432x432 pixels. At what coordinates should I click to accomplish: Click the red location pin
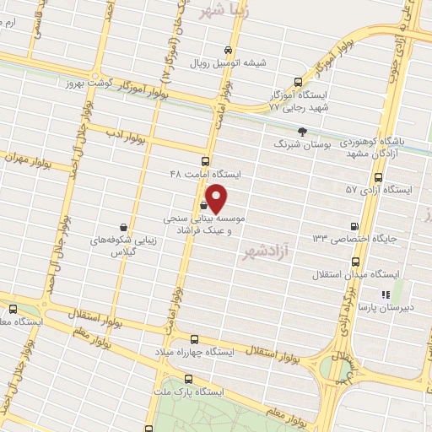[217, 198]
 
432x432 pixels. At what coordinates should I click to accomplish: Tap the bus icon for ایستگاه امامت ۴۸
[207, 161]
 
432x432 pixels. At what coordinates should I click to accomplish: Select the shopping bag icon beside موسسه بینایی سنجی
[204, 205]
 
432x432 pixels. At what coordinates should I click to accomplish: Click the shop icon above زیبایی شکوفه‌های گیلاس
[124, 227]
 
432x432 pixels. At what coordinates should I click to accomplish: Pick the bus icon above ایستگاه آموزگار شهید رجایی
[297, 83]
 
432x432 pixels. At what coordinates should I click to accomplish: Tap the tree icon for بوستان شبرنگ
[303, 131]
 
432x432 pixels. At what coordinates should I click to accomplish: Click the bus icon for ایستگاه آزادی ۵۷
[377, 178]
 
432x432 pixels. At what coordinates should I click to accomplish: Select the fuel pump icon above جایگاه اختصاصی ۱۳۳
[354, 226]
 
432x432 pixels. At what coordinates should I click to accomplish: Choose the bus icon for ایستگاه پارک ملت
[186, 379]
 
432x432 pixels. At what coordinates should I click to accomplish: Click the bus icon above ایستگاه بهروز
[13, 309]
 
